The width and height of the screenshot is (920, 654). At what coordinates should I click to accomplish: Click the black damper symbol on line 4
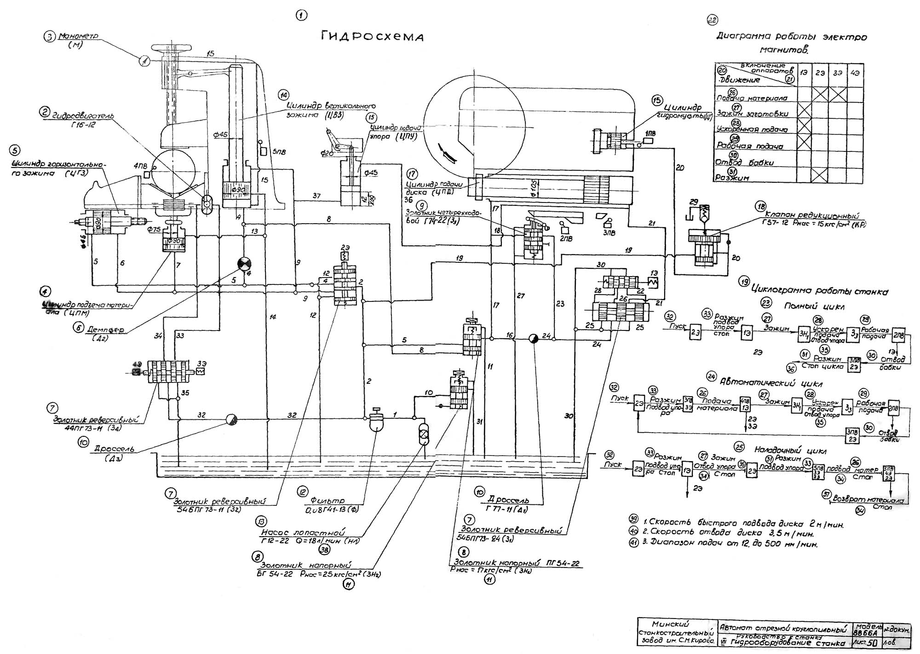(x=244, y=264)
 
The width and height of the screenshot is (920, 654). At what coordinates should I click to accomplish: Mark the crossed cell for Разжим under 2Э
(x=820, y=174)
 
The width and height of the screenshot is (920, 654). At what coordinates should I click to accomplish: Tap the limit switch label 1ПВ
(x=650, y=133)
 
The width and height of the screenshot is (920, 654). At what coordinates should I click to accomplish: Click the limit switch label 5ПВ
(x=278, y=151)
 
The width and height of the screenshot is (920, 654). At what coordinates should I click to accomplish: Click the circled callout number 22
(x=712, y=20)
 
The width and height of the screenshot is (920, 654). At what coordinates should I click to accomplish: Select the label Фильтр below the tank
(x=327, y=501)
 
